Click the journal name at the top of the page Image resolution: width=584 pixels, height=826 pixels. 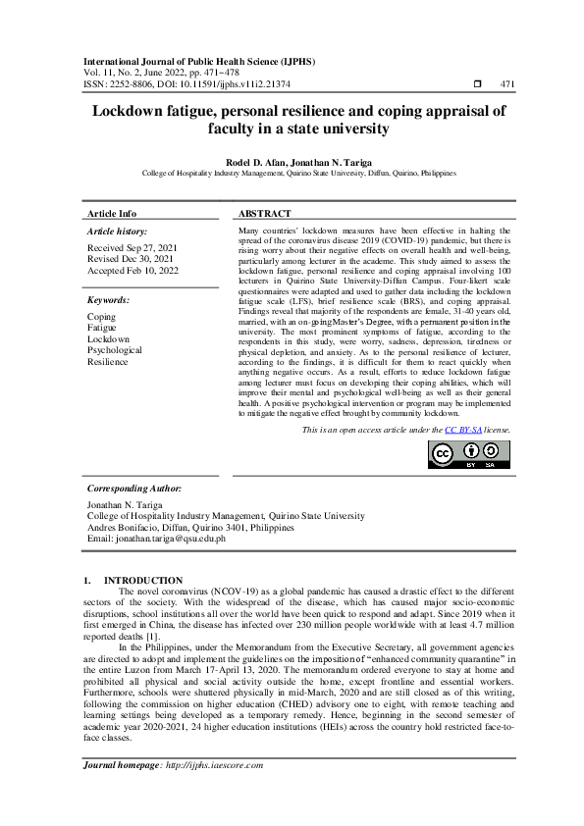coord(200,61)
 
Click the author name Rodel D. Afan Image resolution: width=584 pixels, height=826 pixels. coord(258,160)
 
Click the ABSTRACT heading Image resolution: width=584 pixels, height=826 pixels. coord(265,213)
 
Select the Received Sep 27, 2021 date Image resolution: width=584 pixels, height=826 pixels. coord(132,249)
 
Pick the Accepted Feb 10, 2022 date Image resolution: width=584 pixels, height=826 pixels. coord(133,270)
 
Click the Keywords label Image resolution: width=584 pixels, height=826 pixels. coord(108,299)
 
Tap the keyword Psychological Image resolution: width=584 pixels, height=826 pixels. coord(115,349)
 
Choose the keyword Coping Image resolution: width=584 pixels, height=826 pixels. coord(101,317)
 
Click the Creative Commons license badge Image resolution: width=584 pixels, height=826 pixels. coord(468,453)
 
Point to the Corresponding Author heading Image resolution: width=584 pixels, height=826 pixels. coord(133,487)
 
